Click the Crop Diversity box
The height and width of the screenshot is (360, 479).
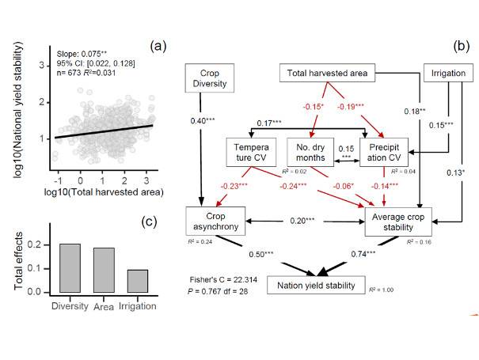pyautogui.click(x=205, y=78)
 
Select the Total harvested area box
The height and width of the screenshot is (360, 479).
pyautogui.click(x=325, y=74)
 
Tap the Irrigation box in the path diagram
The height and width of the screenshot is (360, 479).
pyautogui.click(x=448, y=74)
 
